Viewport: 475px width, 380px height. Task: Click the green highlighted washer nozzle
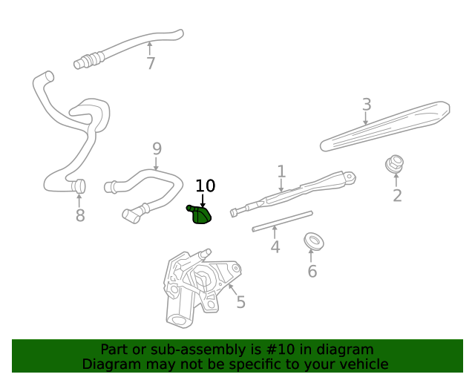[x=200, y=215]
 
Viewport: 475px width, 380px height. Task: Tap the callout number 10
[x=206, y=186]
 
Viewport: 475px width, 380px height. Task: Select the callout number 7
[x=151, y=63]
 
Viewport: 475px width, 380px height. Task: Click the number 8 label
[x=80, y=215]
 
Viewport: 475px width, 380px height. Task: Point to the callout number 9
[x=157, y=148]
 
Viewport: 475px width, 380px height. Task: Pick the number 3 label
[x=367, y=104]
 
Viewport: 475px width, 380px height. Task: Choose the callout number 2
[x=397, y=195]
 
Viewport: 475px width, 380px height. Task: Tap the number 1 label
[x=281, y=171]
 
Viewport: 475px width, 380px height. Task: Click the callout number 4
[x=275, y=246]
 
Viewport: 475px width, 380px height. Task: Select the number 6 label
[x=312, y=271]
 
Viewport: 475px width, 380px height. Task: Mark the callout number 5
[x=240, y=302]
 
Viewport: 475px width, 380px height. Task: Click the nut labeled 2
[x=394, y=163]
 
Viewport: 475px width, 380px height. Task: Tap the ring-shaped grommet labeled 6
[x=314, y=240]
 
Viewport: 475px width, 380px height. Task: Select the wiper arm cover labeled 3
[x=384, y=126]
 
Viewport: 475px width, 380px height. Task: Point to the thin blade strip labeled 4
[x=282, y=221]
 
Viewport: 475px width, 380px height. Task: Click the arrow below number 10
[x=203, y=200]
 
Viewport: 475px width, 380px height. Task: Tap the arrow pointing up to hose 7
[x=149, y=48]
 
